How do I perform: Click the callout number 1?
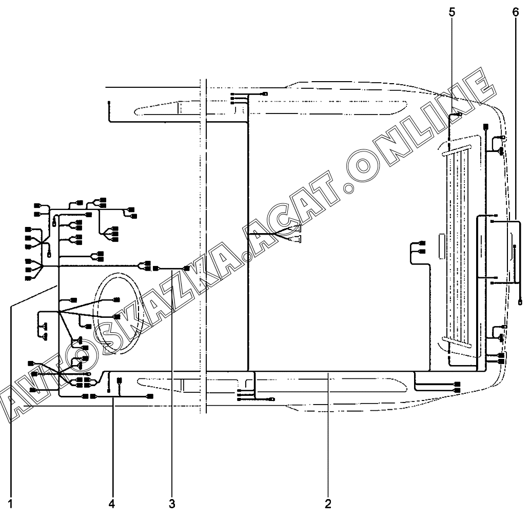[x=10, y=504]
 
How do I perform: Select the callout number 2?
[x=328, y=504]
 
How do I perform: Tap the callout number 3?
[x=172, y=504]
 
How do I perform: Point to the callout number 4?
[x=112, y=504]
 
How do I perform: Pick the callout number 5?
[x=452, y=12]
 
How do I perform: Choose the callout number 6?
[x=515, y=12]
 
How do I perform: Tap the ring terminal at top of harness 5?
[x=459, y=114]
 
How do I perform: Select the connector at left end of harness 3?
[x=156, y=269]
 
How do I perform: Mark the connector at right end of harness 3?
[x=186, y=269]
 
